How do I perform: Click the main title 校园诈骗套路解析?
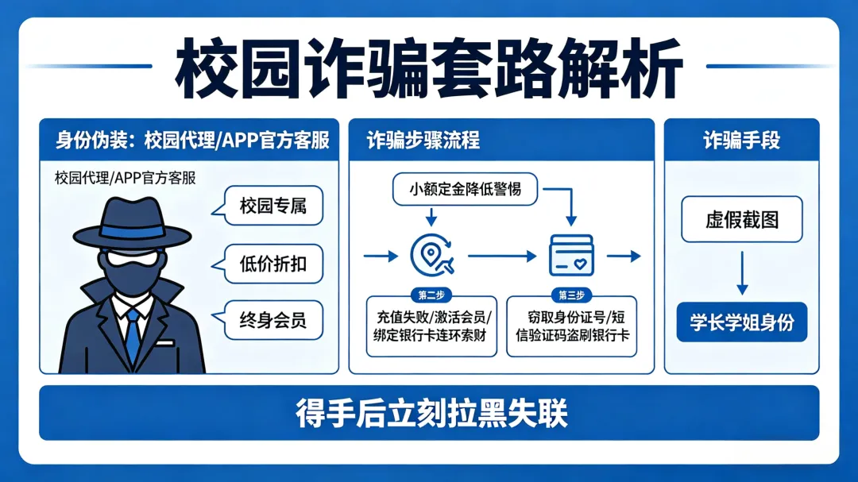coord(429,68)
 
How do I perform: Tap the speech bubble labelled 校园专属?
coord(272,208)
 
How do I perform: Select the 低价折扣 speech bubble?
coord(272,265)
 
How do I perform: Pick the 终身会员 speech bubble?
coord(272,322)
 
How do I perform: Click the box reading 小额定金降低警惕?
coord(466,189)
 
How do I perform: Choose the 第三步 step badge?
coord(571,295)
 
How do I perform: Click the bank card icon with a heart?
coord(571,255)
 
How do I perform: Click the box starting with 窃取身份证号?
coord(572,326)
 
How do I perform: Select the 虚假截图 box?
coord(741,219)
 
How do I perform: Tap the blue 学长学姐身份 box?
coord(741,322)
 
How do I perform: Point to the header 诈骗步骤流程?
coord(423,141)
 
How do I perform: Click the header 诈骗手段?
coord(741,141)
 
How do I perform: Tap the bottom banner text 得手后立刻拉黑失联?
coord(429,413)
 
